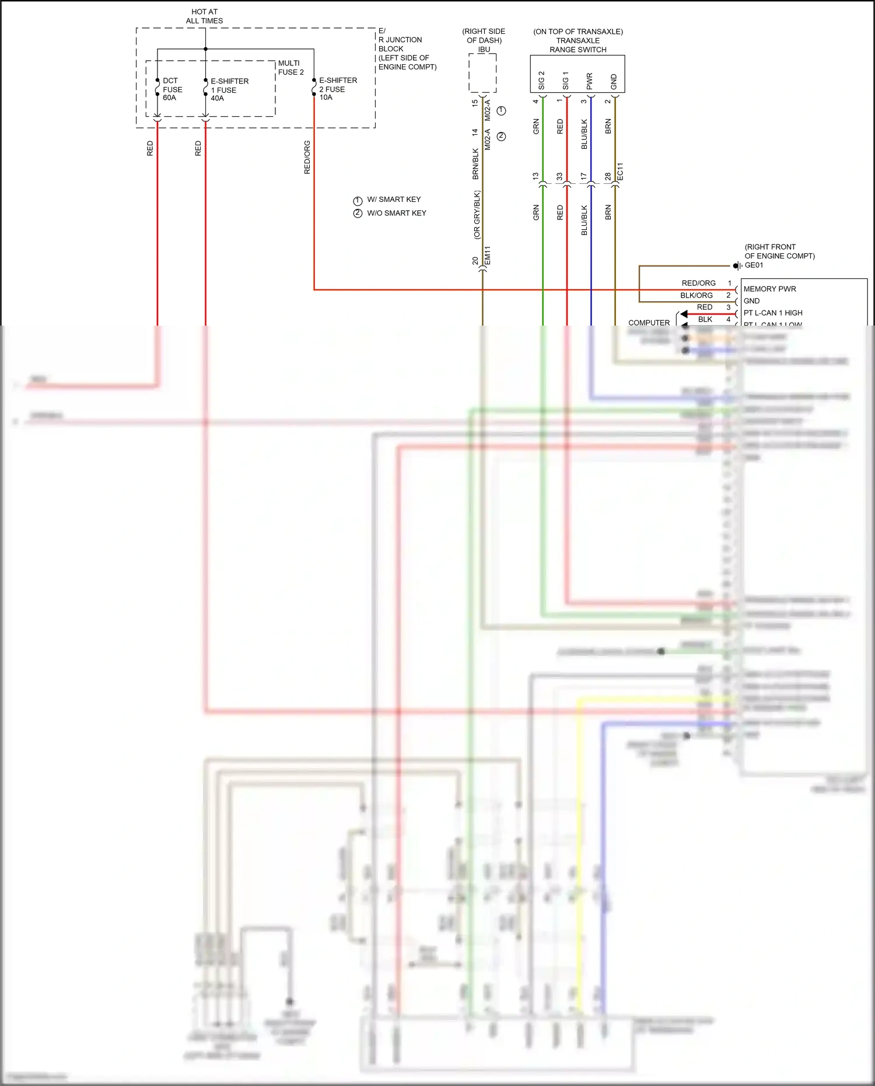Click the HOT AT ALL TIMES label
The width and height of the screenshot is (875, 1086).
coord(204,16)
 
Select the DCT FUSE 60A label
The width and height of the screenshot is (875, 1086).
coord(172,89)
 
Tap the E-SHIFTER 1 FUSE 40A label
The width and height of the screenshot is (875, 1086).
coord(229,90)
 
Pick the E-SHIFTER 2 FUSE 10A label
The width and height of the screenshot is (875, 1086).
coord(338,89)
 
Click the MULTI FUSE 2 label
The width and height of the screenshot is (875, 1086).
coord(290,68)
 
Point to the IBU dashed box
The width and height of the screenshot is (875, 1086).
coord(483,74)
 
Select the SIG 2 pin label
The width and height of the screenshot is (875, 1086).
coord(541,81)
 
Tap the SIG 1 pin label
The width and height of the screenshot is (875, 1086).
coord(565,81)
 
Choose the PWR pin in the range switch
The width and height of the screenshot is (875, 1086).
coord(590,81)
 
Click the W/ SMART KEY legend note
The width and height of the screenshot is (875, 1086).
coord(393,200)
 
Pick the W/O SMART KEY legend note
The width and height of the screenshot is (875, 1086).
coord(396,213)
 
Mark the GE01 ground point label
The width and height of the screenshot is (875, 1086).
coord(754,266)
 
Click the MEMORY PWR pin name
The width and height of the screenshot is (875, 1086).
coord(769,289)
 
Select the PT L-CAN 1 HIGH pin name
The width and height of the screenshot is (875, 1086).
coord(773,313)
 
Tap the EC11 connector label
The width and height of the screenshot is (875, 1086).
coord(620,171)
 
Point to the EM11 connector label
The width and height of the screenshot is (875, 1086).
coord(488,256)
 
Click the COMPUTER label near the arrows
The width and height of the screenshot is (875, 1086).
coord(649,323)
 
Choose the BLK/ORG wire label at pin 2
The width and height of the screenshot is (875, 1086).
coord(696,295)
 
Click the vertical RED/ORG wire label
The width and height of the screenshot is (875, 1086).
coord(307,158)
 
